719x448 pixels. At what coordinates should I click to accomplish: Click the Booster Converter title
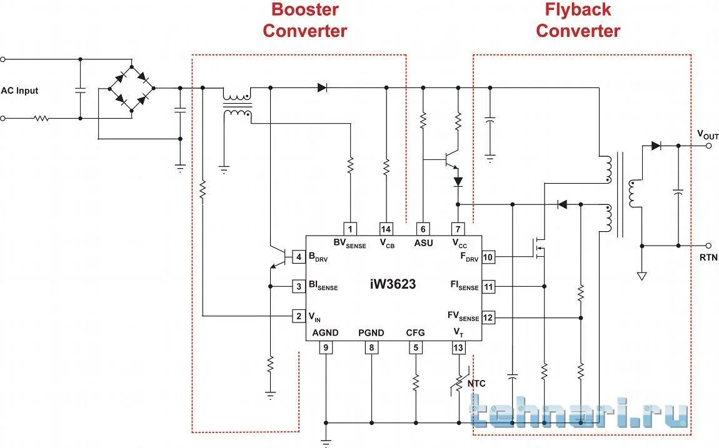coord(304,20)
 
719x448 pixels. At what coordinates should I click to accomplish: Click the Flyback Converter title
coord(578,20)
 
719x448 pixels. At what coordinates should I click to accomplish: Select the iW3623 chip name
coord(393,284)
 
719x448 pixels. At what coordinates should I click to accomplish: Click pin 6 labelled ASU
coord(423,229)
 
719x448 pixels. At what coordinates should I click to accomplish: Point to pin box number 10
coord(488,257)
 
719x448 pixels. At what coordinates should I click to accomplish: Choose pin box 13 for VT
coord(458,348)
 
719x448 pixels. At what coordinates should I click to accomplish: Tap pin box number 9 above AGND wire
coord(325,348)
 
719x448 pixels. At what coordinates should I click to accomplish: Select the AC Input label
coord(19,91)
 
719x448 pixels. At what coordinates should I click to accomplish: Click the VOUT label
coord(708,135)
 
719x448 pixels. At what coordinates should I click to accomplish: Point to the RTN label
coord(708,257)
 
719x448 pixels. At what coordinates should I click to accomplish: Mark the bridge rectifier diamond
coord(131,88)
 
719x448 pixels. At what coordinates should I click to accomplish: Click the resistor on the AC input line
coord(42,117)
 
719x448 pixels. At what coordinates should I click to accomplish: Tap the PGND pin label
coord(371,333)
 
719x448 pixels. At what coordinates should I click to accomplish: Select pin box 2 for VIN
coord(299,316)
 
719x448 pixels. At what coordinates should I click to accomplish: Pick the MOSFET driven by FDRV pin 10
coord(538,248)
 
